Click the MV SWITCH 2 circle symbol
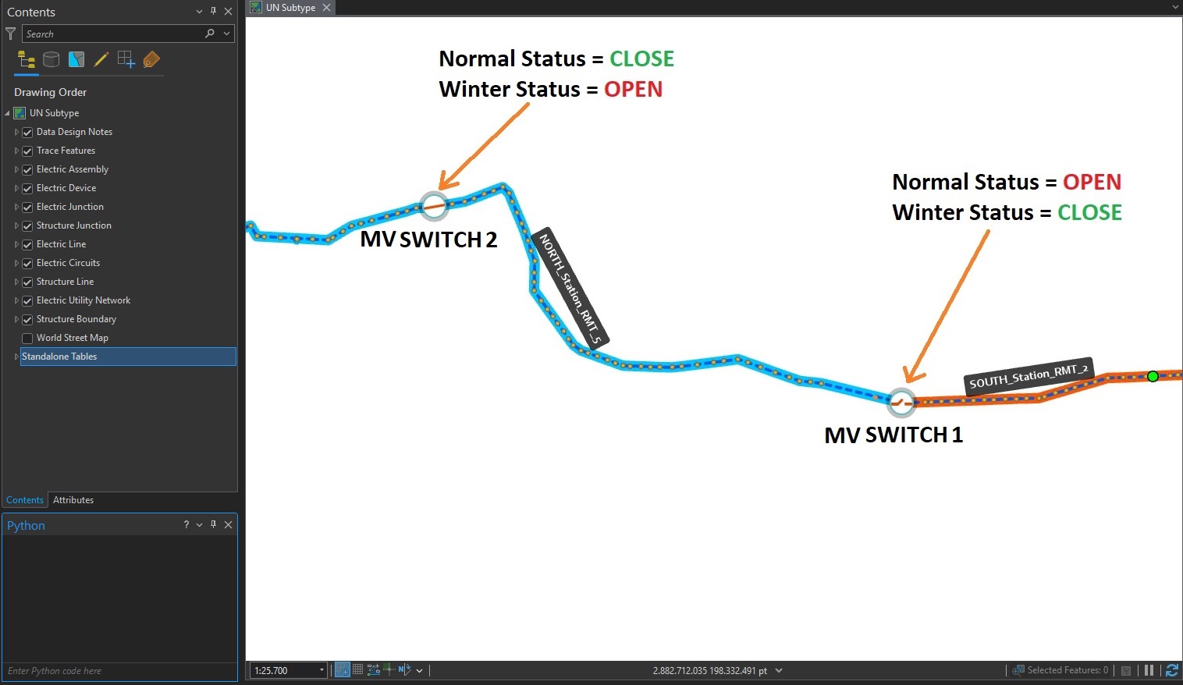tap(434, 206)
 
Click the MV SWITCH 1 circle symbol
tap(901, 403)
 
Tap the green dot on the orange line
tap(1153, 377)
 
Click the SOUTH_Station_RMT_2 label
tap(1028, 376)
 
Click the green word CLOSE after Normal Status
tap(641, 59)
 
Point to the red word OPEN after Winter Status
tap(633, 90)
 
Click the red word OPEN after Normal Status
tap(1092, 183)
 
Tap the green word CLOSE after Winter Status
tap(1089, 213)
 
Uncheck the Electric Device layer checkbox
tap(27, 188)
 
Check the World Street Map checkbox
tap(27, 338)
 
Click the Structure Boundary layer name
tap(76, 319)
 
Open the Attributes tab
tap(73, 500)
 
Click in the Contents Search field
tap(113, 34)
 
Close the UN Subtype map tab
tap(327, 8)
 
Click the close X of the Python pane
tap(228, 525)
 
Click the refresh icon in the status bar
tap(1171, 670)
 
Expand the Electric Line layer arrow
tap(16, 244)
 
